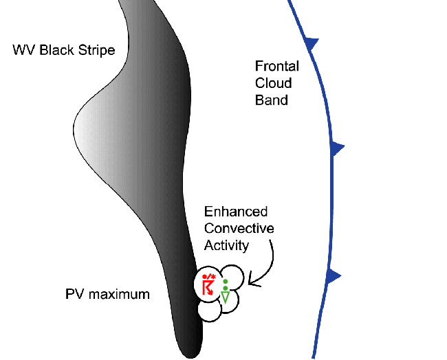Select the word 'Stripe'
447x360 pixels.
coord(96,50)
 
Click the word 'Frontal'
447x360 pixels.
coord(276,67)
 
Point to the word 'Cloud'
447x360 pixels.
coord(273,84)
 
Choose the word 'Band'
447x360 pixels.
coord(271,100)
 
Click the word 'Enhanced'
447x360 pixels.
coord(236,212)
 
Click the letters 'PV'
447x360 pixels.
coord(74,295)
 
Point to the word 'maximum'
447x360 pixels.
coord(119,295)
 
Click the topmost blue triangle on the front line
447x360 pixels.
coord(313,43)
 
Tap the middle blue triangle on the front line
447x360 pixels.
coord(336,148)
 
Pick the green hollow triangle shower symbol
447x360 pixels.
coord(225,297)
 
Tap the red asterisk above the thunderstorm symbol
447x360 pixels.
coord(214,276)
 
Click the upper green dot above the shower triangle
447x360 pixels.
coord(225,282)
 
